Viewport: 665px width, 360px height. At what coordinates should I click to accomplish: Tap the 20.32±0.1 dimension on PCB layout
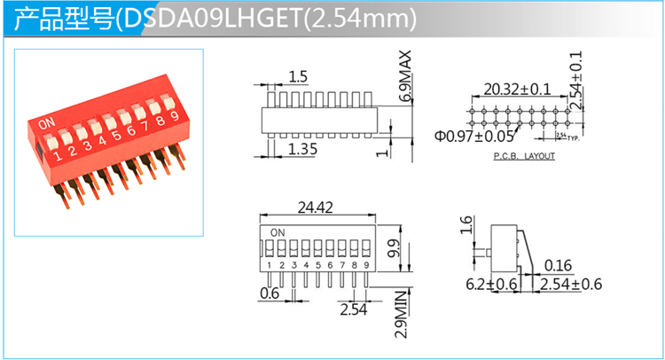[x=517, y=89]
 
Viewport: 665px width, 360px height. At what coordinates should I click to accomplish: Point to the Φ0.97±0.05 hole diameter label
[x=474, y=136]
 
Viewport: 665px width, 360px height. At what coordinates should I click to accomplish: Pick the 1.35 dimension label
[x=302, y=148]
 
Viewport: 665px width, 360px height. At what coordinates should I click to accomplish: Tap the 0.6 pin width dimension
[x=269, y=293]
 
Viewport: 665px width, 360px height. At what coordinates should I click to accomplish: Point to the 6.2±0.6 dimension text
[x=491, y=284]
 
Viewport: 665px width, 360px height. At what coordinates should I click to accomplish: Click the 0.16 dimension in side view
[x=558, y=265]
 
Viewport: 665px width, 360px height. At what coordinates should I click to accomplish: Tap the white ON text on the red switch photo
[x=48, y=121]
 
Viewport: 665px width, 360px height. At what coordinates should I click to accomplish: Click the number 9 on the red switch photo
[x=175, y=114]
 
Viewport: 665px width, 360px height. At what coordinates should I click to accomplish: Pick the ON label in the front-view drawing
[x=278, y=233]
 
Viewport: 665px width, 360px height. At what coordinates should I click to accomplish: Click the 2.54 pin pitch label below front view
[x=352, y=309]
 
